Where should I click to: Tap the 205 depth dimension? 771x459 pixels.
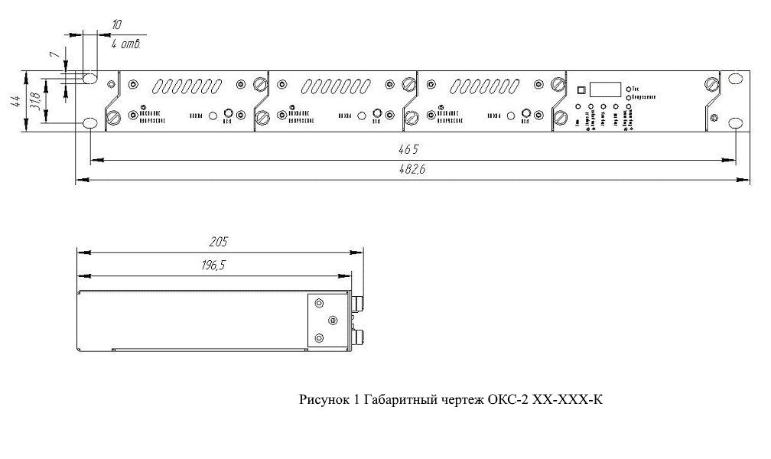[218, 242]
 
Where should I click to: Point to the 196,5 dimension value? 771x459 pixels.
[218, 265]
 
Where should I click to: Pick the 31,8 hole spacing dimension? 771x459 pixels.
[34, 101]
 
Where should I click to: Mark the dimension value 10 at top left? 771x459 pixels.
[116, 25]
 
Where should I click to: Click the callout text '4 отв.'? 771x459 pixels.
[125, 44]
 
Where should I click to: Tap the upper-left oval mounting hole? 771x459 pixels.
[89, 79]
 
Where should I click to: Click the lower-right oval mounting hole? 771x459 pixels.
[736, 124]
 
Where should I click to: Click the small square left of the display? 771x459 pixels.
[580, 89]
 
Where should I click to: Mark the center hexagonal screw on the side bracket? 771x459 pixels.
[331, 319]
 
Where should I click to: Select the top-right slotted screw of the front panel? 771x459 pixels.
[712, 83]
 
